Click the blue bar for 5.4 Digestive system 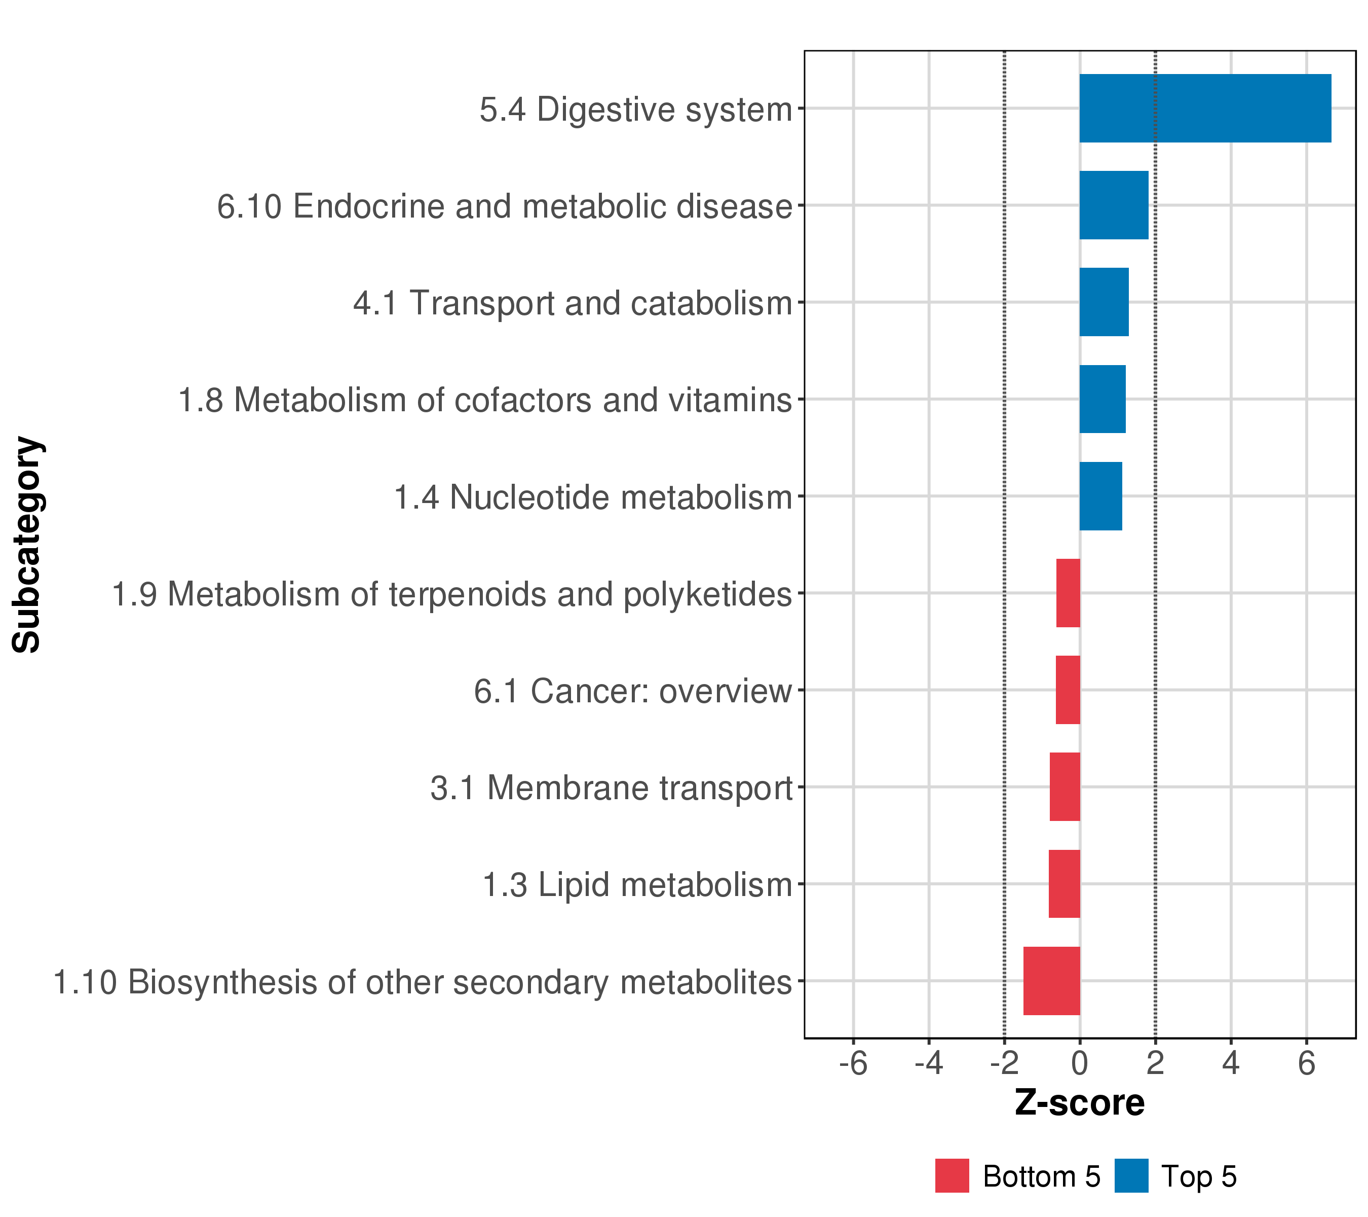[x=1205, y=109]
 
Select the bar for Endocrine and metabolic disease [x=1114, y=205]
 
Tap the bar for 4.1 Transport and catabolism [x=1105, y=302]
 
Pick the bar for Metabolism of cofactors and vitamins [x=1103, y=399]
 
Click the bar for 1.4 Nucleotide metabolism [x=1101, y=496]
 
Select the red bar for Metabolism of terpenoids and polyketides [x=1068, y=593]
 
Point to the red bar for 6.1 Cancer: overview [x=1068, y=690]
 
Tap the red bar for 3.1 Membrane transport [x=1065, y=787]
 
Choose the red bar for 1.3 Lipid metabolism [x=1064, y=884]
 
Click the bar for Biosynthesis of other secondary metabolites [x=1051, y=981]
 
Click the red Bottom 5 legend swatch [x=953, y=1176]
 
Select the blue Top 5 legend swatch [x=1132, y=1176]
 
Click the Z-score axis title [x=1080, y=1103]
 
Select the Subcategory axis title [x=27, y=545]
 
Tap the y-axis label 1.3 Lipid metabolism [x=638, y=885]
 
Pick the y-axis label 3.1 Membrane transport [x=612, y=788]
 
